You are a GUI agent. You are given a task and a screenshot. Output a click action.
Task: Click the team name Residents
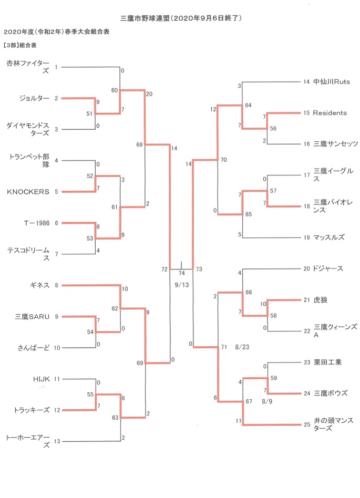[330, 113]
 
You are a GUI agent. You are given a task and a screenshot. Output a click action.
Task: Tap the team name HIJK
[42, 378]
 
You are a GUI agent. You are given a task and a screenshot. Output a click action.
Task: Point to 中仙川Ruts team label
[331, 82]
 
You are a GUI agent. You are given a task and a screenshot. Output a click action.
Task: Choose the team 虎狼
[320, 300]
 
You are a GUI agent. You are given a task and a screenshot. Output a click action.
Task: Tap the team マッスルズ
[328, 237]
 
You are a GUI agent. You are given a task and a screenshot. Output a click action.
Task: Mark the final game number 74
[182, 273]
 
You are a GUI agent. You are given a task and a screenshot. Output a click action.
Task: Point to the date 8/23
[242, 347]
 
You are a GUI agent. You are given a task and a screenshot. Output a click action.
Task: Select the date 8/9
[266, 402]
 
